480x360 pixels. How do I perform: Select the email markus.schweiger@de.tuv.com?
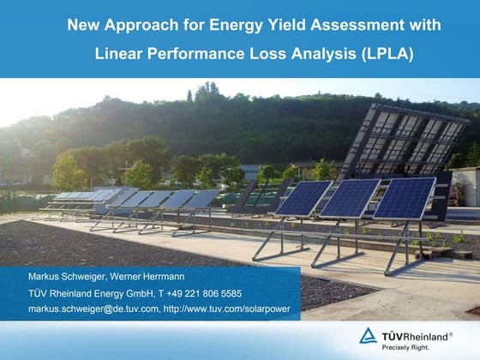(93, 309)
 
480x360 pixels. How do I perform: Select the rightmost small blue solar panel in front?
(405, 199)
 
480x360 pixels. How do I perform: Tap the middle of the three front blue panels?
(351, 199)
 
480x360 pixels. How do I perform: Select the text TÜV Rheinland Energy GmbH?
(91, 293)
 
